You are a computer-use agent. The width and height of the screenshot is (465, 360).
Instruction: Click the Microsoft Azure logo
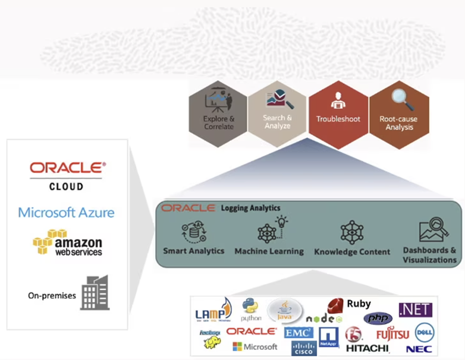tap(66, 212)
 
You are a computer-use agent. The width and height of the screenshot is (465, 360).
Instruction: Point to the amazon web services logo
tap(67, 243)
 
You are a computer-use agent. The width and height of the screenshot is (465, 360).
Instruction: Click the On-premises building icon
tap(95, 292)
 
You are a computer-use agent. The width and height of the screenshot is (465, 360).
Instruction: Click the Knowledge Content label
tap(352, 252)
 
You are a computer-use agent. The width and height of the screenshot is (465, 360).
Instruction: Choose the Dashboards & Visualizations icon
tap(433, 230)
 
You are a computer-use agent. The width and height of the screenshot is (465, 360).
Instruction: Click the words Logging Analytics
tap(250, 208)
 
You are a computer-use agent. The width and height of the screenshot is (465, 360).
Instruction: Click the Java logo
tap(285, 310)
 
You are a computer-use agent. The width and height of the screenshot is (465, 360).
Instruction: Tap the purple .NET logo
tap(415, 310)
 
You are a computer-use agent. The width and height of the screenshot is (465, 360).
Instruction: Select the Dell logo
tap(425, 331)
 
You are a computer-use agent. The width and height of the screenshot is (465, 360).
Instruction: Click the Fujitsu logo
tap(392, 334)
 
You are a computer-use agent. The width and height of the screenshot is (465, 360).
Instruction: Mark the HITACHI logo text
tap(367, 348)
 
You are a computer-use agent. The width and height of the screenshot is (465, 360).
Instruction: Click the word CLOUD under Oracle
tap(66, 186)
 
